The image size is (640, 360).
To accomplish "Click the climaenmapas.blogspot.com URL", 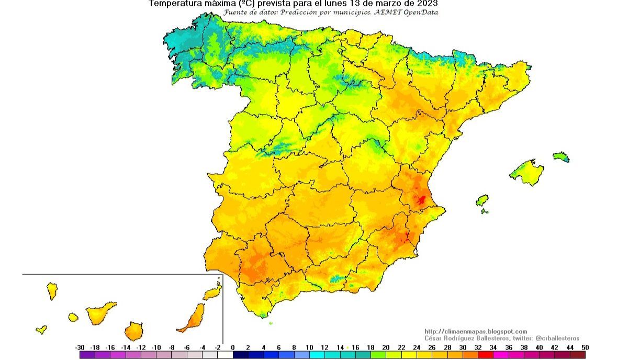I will tap(475, 331).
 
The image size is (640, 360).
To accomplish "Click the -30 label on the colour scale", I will tap(80, 347).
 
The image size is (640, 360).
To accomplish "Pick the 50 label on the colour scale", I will tap(585, 347).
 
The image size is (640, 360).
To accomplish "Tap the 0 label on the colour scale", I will tap(233, 347).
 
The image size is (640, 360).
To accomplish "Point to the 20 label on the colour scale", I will tap(386, 347).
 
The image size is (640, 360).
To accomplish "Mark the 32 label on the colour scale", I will tap(477, 347).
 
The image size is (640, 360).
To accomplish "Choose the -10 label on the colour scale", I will tap(156, 347).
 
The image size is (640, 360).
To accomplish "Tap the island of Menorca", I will tap(561, 156).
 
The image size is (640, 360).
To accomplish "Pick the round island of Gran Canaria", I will tap(133, 331).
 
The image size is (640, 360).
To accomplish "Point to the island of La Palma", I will tap(52, 291).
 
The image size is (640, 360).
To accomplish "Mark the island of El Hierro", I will tap(41, 330).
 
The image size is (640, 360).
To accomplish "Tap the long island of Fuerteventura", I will tap(193, 318).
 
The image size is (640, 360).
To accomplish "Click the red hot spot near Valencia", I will tap(421, 200).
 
